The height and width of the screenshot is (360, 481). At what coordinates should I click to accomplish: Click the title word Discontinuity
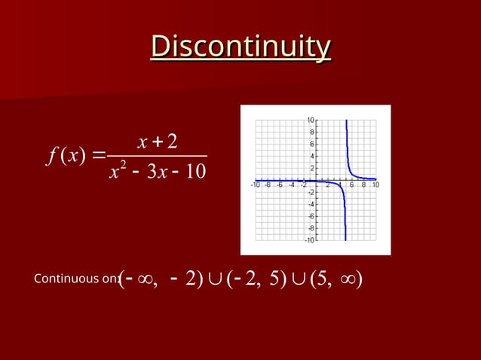pyautogui.click(x=240, y=46)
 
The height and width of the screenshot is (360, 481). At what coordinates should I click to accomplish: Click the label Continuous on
pyautogui.click(x=76, y=279)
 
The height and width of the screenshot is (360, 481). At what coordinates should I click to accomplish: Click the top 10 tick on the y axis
pyautogui.click(x=311, y=121)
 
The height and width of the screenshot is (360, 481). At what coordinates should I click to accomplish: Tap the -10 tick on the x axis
pyautogui.click(x=256, y=185)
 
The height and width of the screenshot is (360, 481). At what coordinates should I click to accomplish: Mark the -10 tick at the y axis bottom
pyautogui.click(x=310, y=241)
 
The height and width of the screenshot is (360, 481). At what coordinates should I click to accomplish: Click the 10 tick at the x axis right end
pyautogui.click(x=375, y=185)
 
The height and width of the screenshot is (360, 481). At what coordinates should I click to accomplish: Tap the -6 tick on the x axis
pyautogui.click(x=280, y=185)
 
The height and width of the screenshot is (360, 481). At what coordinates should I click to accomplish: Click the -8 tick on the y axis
pyautogui.click(x=311, y=229)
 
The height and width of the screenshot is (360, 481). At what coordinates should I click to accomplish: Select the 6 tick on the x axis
pyautogui.click(x=352, y=185)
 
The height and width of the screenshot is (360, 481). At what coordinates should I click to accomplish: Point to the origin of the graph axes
pyautogui.click(x=317, y=180)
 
